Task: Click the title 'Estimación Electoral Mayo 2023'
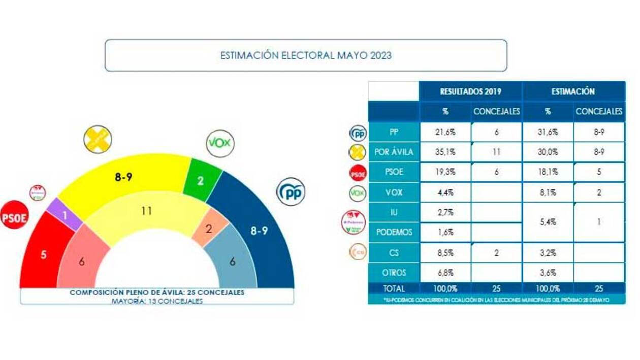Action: [x=306, y=55]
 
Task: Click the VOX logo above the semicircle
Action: [x=220, y=144]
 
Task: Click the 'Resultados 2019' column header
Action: [x=470, y=92]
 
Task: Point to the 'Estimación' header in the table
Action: [x=573, y=92]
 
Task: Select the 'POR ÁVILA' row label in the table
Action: [x=394, y=152]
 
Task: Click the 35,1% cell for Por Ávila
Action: [x=445, y=152]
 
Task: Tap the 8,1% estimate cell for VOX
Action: [x=548, y=192]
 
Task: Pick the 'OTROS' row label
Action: [x=394, y=273]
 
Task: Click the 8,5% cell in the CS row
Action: [x=445, y=252]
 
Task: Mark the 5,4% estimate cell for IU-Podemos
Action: [x=548, y=222]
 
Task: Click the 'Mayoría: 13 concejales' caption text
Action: [x=156, y=301]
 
